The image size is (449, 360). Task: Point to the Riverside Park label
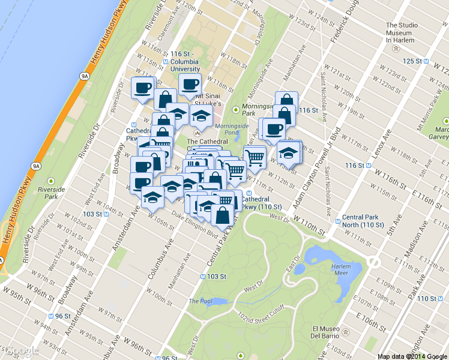[51, 192]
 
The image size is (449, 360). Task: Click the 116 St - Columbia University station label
[185, 61]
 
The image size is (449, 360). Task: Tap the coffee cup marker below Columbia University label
[190, 85]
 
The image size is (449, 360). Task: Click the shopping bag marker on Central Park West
[223, 215]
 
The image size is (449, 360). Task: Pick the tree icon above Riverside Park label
[52, 181]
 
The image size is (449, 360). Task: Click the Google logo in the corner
[21, 351]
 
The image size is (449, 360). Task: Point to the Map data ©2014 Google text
[412, 356]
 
